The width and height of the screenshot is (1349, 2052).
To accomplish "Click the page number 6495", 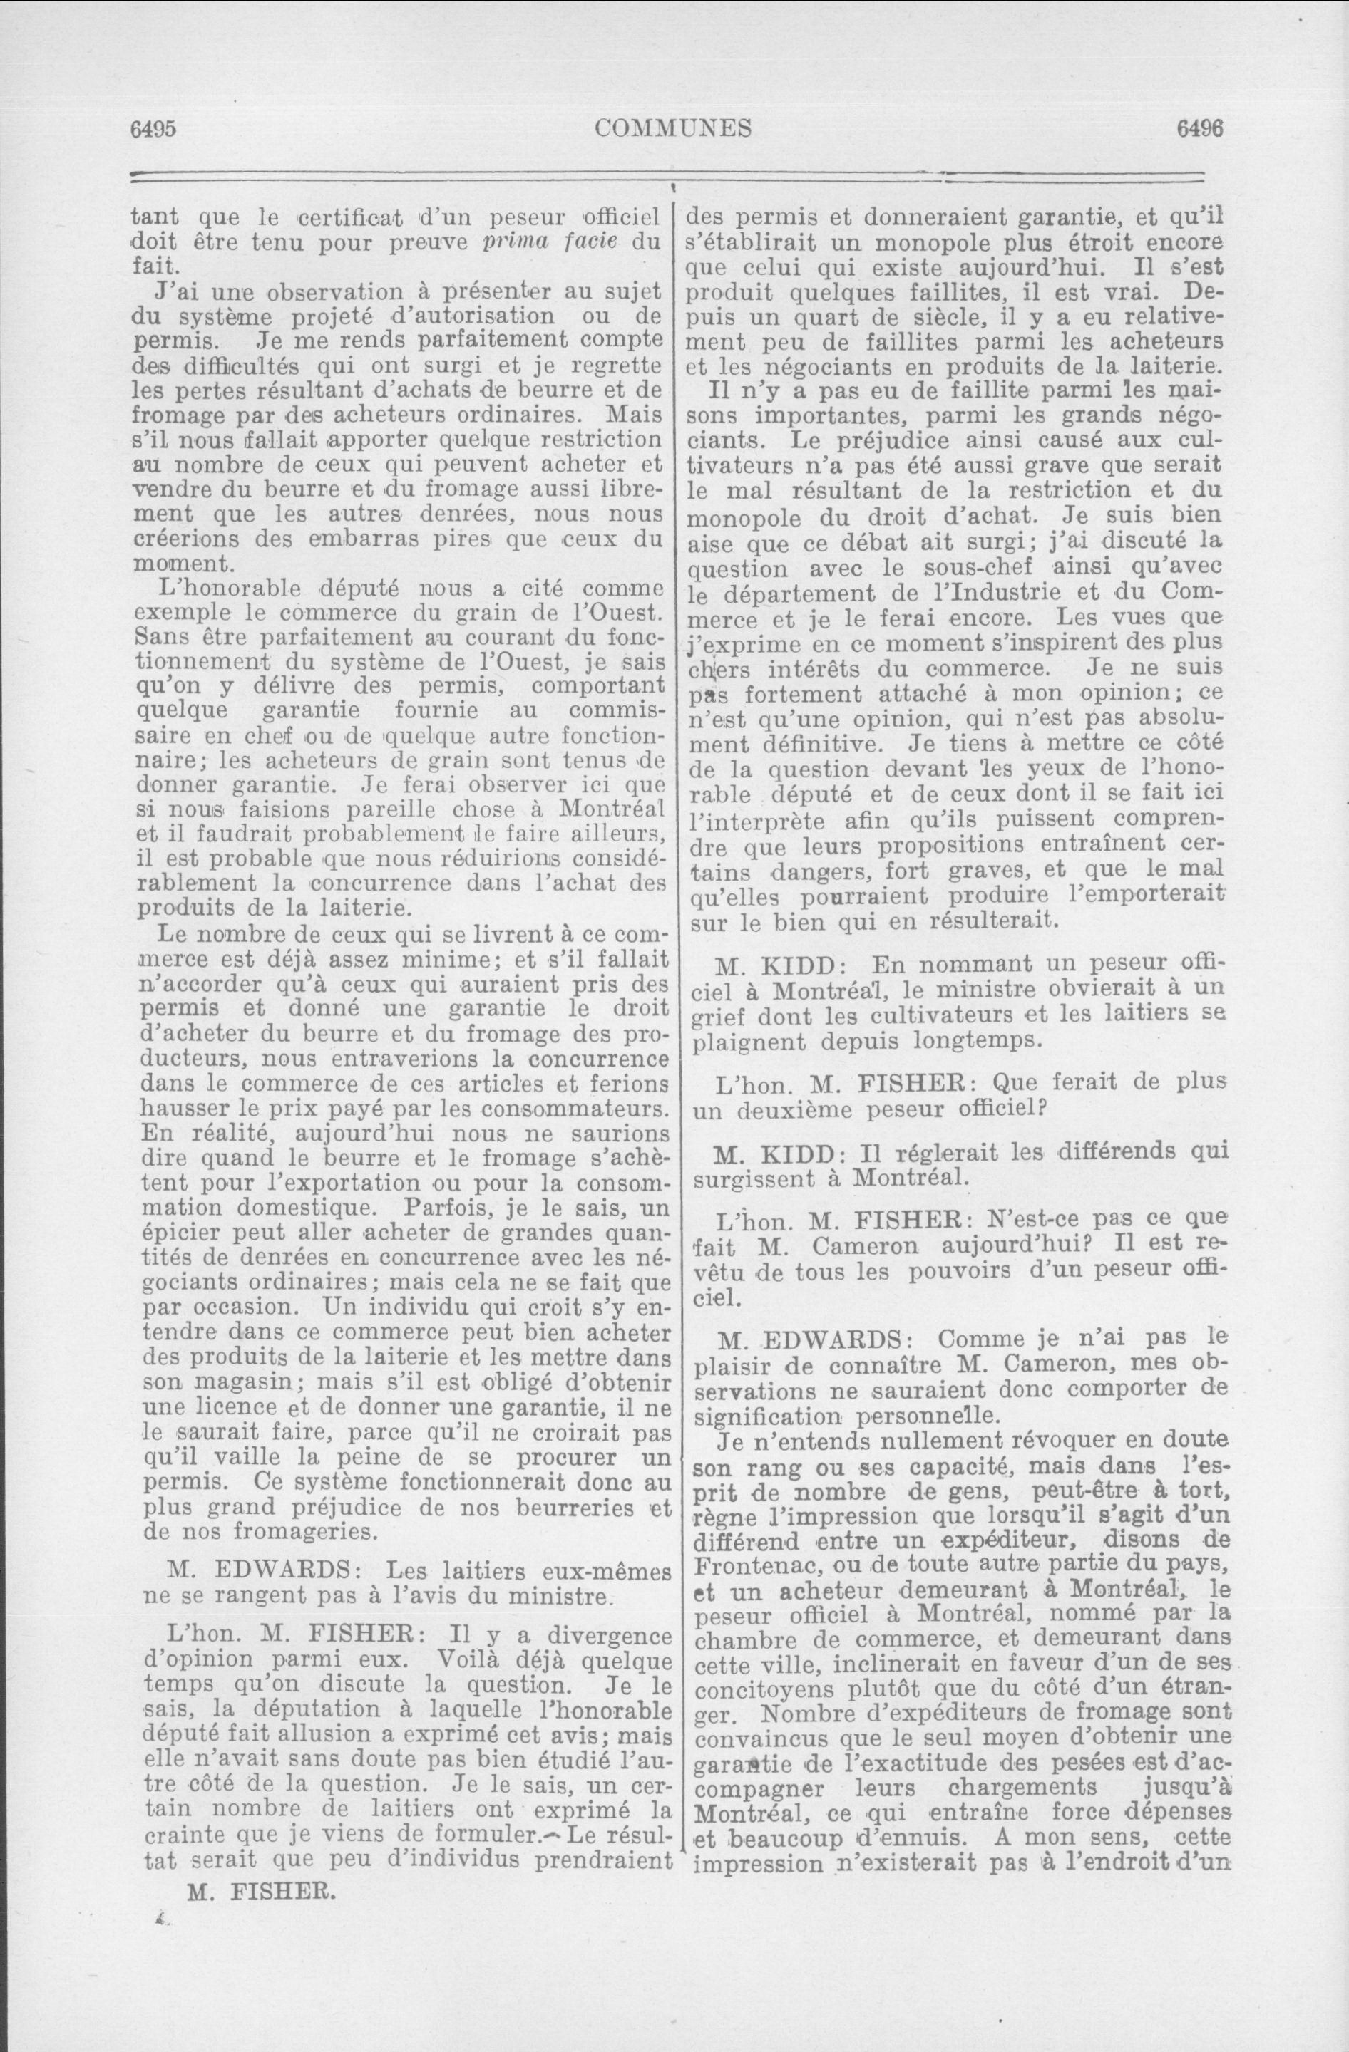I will coord(153,128).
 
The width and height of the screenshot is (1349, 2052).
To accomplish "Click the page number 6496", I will coord(1200,128).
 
